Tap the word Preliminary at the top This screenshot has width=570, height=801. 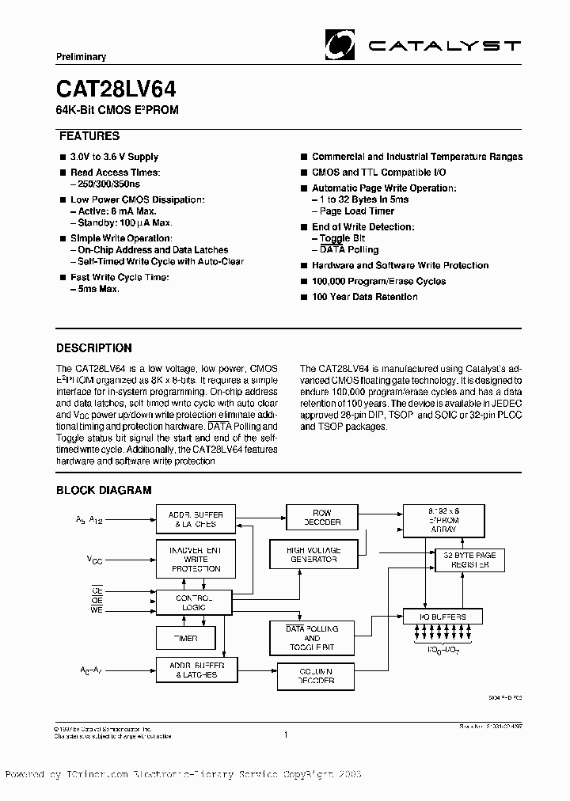[x=81, y=57]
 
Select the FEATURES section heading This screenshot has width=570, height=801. [x=88, y=136]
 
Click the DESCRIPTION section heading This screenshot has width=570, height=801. [x=94, y=347]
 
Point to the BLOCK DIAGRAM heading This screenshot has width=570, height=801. [x=103, y=491]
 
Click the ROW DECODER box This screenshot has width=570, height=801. [x=322, y=518]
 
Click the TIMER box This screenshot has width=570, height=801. [x=186, y=637]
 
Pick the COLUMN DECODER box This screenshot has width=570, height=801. [x=316, y=676]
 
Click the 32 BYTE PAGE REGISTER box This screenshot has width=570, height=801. [x=469, y=560]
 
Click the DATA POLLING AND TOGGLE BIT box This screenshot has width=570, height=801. [x=311, y=638]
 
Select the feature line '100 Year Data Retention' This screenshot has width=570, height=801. [x=364, y=297]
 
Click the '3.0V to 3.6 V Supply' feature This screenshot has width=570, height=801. [x=114, y=157]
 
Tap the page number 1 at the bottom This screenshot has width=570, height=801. [x=284, y=735]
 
